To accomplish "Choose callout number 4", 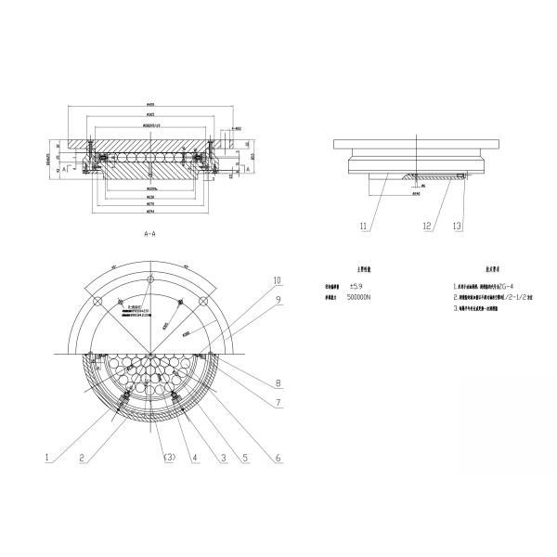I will [x=195, y=456].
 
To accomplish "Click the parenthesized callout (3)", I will [x=169, y=456].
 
